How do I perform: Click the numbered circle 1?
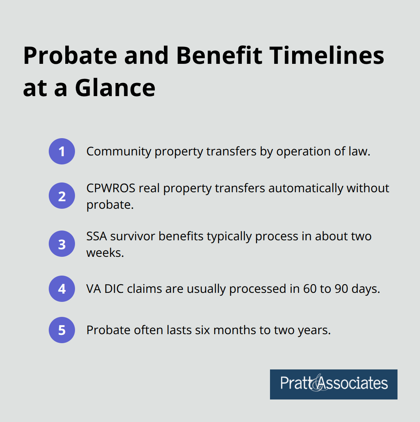62,151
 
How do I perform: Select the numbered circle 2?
62,196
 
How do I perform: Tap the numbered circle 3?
62,244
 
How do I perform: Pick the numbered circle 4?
62,289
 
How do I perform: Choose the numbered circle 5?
62,330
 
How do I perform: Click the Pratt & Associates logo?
333,384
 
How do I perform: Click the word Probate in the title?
70,56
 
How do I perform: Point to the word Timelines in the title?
327,56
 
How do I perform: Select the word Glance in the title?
115,88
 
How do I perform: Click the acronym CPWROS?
111,188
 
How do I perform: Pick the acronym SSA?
96,236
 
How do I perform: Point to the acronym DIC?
114,289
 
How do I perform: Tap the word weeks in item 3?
104,253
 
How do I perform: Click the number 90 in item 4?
341,289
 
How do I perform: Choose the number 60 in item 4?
309,289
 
